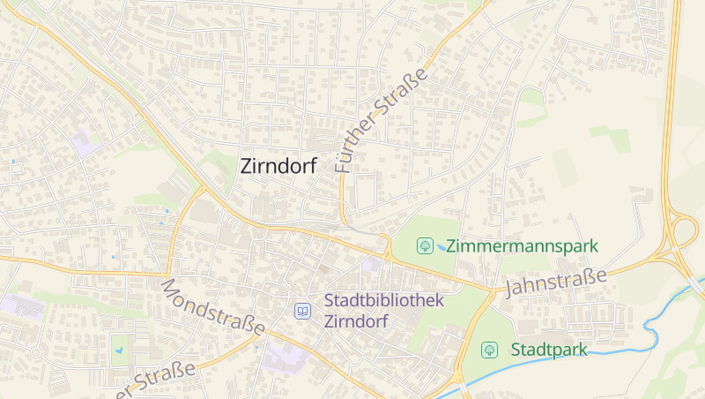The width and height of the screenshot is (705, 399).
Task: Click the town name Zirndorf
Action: click(x=278, y=165)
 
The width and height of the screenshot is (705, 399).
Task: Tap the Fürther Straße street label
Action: click(x=381, y=119)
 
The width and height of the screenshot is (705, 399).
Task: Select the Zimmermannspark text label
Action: click(x=523, y=245)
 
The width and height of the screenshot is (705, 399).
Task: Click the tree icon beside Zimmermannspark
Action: click(x=425, y=245)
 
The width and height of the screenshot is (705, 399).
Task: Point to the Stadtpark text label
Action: click(x=549, y=350)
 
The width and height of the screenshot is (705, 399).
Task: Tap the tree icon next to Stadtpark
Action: click(x=489, y=350)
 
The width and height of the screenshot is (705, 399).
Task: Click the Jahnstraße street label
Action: click(x=556, y=282)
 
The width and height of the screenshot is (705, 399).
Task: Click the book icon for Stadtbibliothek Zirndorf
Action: click(x=303, y=311)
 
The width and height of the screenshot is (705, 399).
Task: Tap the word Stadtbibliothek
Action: click(x=383, y=300)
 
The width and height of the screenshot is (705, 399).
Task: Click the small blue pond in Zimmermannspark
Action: click(x=442, y=248)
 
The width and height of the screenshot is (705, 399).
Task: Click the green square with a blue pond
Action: click(x=121, y=350)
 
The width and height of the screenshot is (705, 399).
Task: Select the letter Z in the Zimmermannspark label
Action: click(x=452, y=245)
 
